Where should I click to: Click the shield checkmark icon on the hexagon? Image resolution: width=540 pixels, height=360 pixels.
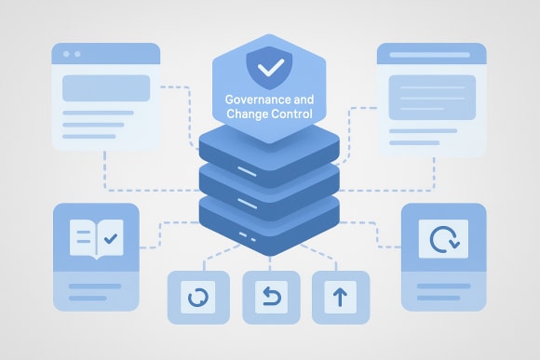[x=269, y=68]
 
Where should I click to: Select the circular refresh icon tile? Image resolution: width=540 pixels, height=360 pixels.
[x=197, y=299]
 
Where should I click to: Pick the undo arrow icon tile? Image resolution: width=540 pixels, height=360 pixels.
[x=270, y=299]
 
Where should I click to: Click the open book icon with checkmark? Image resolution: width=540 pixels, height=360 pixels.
[x=96, y=239]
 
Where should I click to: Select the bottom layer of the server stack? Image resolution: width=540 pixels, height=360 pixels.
[x=269, y=233]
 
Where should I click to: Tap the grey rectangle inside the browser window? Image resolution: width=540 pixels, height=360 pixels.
[x=106, y=88]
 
